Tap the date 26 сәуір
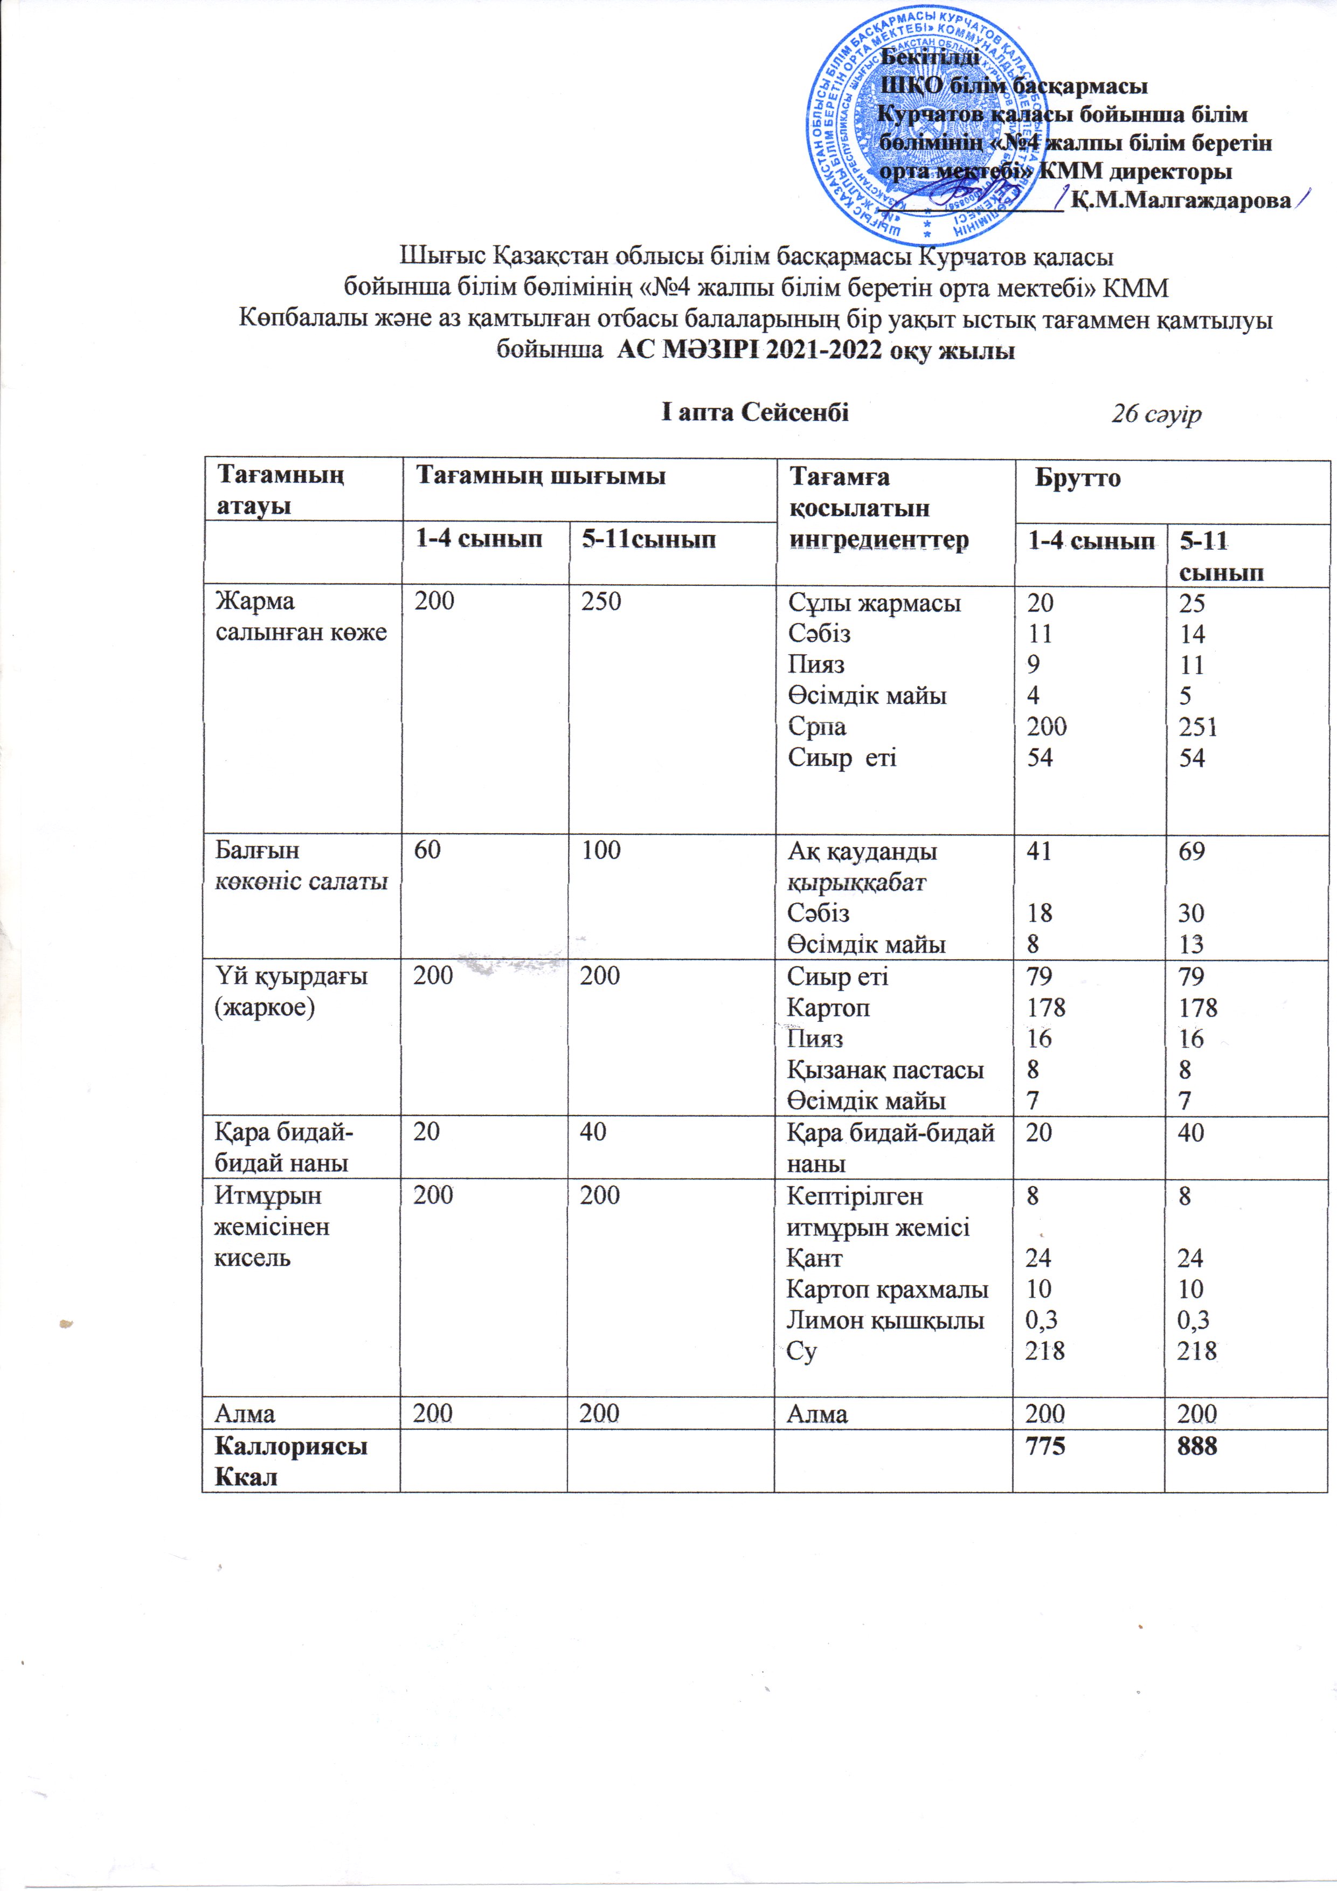[1156, 414]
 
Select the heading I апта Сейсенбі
[754, 412]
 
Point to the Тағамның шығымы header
[541, 476]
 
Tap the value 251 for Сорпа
[1197, 726]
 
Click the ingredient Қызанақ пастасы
[885, 1070]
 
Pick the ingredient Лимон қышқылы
[885, 1320]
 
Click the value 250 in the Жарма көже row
[600, 601]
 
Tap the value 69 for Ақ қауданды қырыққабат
[1191, 851]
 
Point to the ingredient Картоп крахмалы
[887, 1289]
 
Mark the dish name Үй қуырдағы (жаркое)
[291, 992]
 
